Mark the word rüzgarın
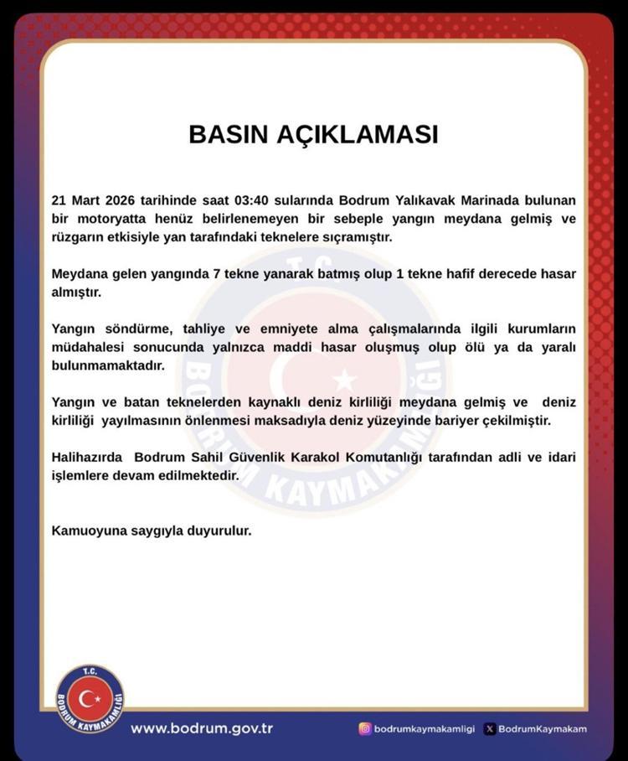(x=78, y=238)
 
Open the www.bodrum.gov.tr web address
(x=201, y=727)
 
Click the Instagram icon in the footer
(x=364, y=728)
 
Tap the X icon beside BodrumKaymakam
(x=490, y=728)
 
